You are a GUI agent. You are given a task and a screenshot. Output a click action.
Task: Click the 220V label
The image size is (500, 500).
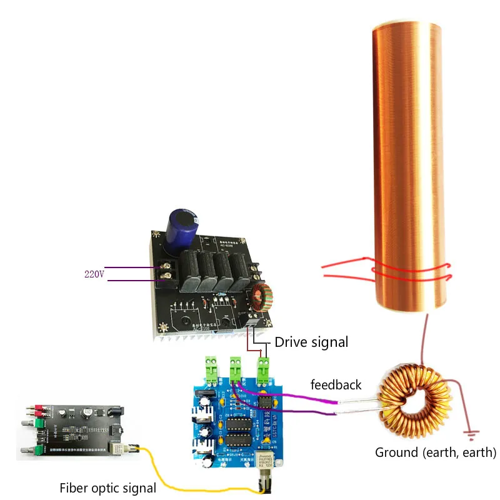[x=94, y=274]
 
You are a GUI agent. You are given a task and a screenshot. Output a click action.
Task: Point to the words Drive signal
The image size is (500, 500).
[x=311, y=342]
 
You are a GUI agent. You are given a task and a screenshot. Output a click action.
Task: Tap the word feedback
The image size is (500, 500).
[x=336, y=384]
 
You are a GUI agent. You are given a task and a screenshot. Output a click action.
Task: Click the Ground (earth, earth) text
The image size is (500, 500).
[x=436, y=452]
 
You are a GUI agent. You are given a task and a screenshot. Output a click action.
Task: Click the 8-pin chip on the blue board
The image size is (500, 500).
[x=266, y=402]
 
